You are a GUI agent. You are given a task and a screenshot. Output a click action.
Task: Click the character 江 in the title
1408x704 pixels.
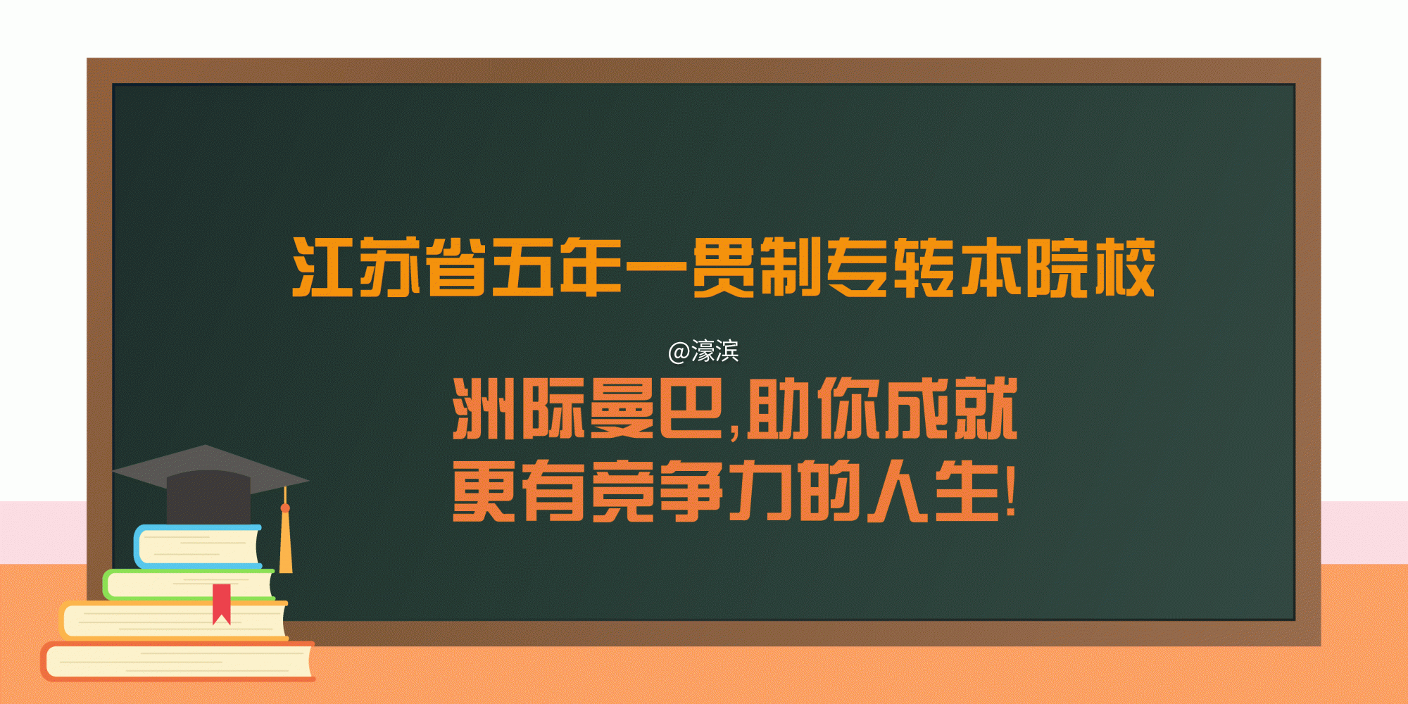click(322, 268)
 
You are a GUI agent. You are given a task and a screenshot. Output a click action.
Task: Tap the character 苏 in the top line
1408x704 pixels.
click(389, 268)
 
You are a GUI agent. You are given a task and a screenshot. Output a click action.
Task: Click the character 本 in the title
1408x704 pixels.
click(991, 268)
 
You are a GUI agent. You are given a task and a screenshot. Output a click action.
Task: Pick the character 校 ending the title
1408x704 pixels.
click(1124, 268)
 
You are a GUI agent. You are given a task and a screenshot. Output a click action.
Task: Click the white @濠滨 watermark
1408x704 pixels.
click(703, 351)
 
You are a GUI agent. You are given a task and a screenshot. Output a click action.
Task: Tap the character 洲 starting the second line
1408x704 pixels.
click(483, 408)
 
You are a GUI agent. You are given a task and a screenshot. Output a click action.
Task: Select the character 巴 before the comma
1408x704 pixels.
click(691, 408)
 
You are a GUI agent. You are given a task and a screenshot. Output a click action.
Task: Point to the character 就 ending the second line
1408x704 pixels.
click(986, 408)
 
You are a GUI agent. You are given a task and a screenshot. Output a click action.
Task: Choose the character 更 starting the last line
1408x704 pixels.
click(483, 491)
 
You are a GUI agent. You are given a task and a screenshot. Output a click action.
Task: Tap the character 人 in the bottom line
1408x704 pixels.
click(898, 491)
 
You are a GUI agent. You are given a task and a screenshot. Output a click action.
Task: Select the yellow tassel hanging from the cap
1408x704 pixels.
click(285, 542)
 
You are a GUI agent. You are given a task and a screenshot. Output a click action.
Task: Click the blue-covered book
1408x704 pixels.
click(197, 547)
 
